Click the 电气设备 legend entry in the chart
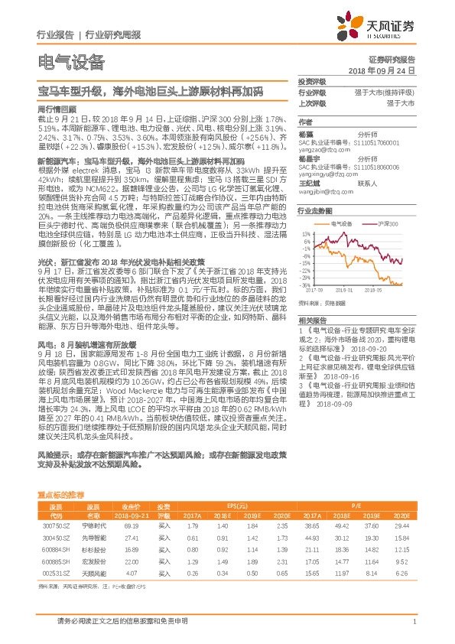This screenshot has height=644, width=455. click(x=339, y=223)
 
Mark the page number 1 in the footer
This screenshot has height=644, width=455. click(x=413, y=621)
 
